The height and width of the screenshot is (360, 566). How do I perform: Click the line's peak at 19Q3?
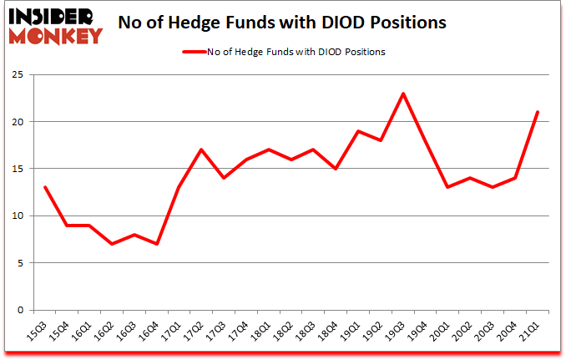404,94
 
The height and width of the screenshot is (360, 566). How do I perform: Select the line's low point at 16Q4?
156,244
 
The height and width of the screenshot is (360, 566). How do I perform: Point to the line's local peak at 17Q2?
201,150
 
